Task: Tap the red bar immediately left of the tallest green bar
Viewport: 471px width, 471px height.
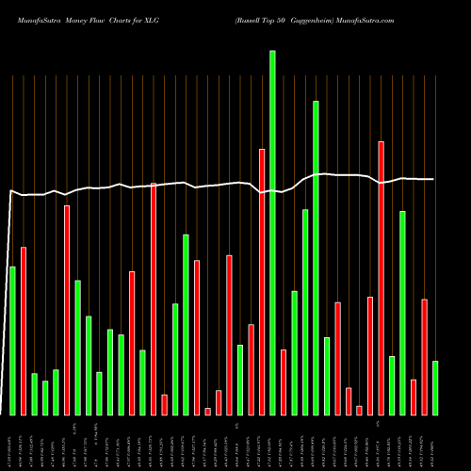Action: [262, 282]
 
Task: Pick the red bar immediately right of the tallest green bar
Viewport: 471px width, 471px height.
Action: [284, 382]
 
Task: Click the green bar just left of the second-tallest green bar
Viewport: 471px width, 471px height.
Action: [305, 312]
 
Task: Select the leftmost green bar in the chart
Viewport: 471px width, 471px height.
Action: [12, 340]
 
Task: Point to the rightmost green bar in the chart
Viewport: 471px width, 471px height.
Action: [435, 387]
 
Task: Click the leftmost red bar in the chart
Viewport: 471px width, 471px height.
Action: [24, 331]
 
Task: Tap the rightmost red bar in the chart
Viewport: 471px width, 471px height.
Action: [425, 356]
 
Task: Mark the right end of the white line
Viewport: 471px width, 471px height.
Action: [434, 179]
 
